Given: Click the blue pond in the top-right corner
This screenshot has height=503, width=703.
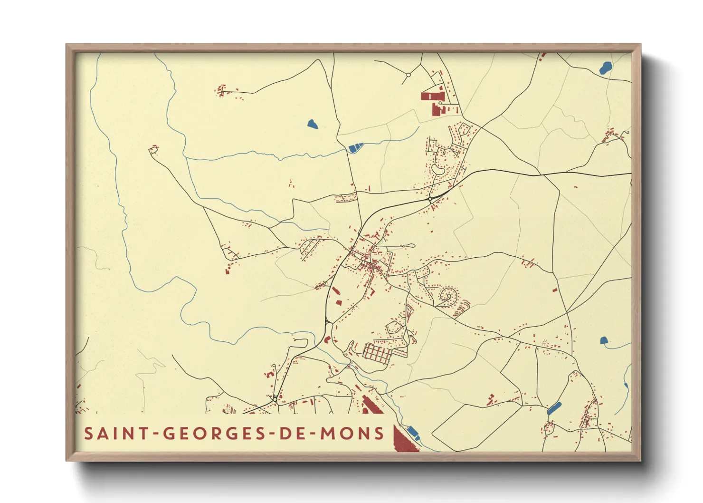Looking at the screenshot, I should (605, 68).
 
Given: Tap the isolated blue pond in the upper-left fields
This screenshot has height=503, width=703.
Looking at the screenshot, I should (312, 125).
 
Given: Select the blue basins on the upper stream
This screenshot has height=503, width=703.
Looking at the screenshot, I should (355, 148).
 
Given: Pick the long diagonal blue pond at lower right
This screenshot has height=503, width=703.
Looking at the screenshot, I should (554, 408).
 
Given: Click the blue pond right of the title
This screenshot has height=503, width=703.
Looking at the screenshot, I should (413, 432).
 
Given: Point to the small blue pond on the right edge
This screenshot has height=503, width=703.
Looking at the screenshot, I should (604, 340).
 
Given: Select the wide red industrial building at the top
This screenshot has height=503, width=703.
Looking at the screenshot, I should (432, 97).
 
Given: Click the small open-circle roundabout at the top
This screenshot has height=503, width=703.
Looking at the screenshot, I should (408, 75).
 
